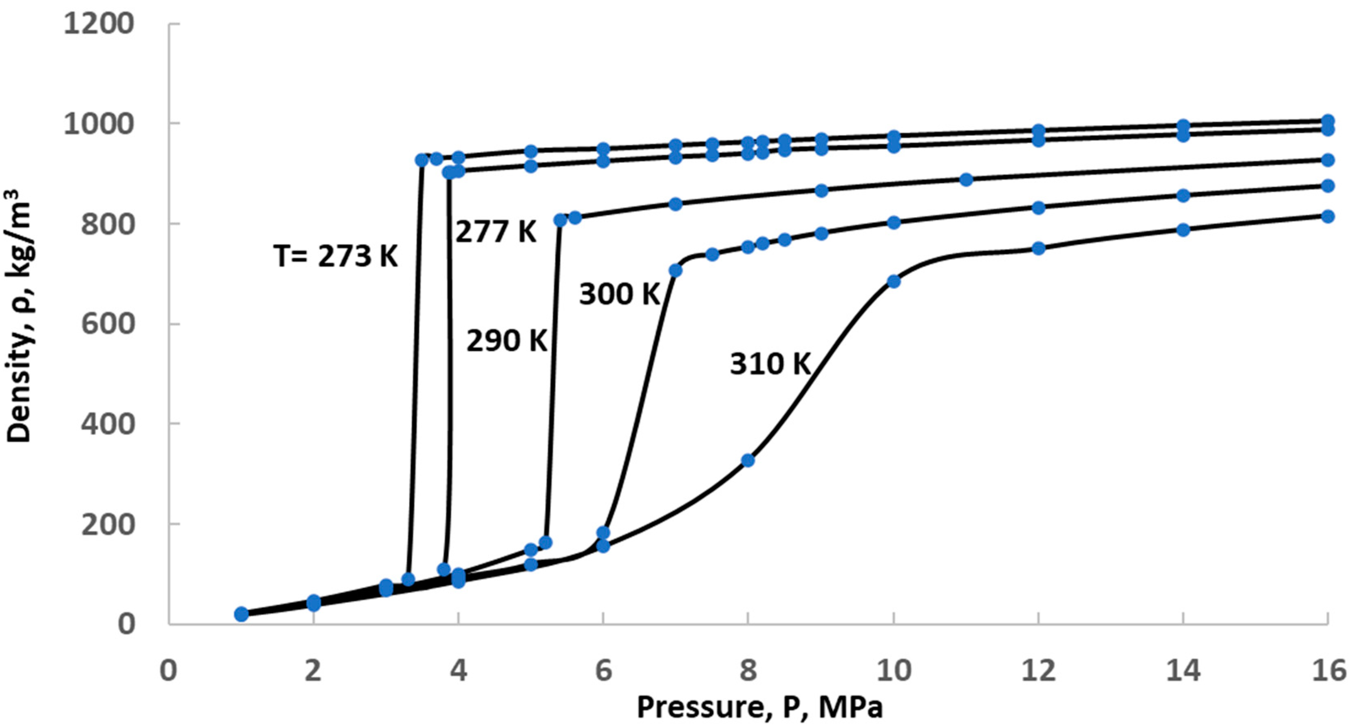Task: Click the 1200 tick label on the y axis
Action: tap(98, 24)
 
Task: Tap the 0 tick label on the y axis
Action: tap(126, 625)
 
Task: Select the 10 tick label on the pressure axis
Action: tap(894, 671)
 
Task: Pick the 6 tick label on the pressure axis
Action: tap(603, 671)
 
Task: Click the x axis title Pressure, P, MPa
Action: tap(759, 707)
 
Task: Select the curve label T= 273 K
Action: tap(335, 257)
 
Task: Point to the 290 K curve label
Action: tap(507, 341)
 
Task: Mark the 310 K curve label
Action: tap(770, 364)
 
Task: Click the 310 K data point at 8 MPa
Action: tap(748, 460)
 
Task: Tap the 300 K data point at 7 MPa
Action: tap(675, 270)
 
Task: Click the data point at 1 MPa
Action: tap(241, 614)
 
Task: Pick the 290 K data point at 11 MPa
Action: tap(966, 180)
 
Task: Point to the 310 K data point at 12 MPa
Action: tap(1038, 249)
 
